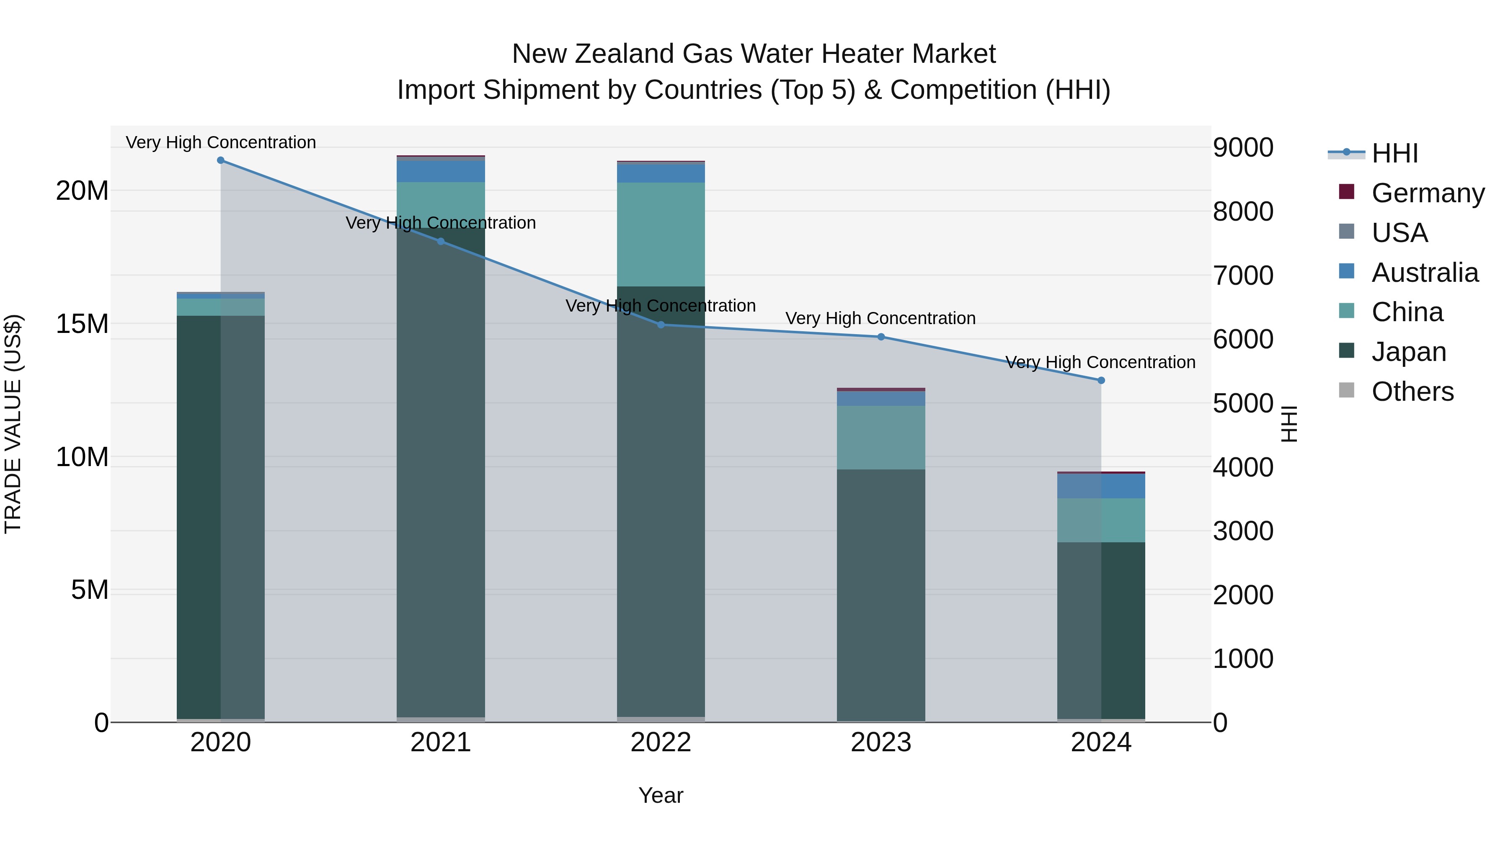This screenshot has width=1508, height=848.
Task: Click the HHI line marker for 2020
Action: click(x=221, y=160)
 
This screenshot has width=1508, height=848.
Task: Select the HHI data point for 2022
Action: click(x=661, y=325)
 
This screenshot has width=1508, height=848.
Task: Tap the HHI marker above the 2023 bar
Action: click(x=881, y=337)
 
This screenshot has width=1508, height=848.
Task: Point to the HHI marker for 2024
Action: click(x=1101, y=380)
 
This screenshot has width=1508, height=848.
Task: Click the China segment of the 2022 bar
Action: click(x=661, y=234)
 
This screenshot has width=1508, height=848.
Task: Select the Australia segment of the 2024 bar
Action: click(x=1101, y=486)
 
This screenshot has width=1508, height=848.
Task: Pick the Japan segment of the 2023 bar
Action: click(x=881, y=594)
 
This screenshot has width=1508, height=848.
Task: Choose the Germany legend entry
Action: click(x=1427, y=193)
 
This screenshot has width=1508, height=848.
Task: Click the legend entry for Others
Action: click(x=1412, y=392)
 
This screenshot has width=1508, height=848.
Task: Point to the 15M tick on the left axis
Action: click(x=82, y=324)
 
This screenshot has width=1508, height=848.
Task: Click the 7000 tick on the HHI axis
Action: click(x=1243, y=276)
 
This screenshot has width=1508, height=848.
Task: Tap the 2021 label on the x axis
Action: click(x=441, y=742)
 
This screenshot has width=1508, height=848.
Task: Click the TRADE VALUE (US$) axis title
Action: click(x=13, y=424)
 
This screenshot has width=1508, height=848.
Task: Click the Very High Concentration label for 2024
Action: click(x=1100, y=363)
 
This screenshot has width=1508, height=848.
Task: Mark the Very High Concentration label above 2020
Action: click(x=221, y=143)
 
